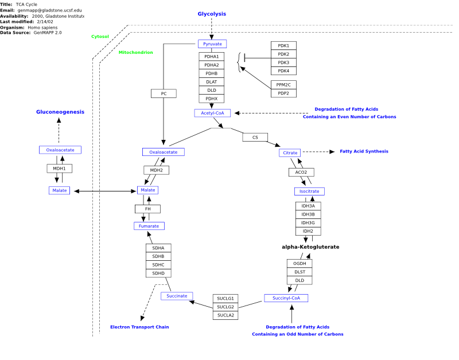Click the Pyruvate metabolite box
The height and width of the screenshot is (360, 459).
(x=212, y=44)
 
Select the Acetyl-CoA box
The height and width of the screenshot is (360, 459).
(x=212, y=113)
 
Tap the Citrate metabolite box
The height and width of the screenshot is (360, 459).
(x=290, y=152)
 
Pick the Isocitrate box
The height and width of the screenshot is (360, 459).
(x=309, y=191)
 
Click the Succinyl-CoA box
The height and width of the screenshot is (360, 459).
(x=286, y=298)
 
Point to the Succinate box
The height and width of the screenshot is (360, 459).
(x=177, y=296)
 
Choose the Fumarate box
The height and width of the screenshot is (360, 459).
(x=149, y=226)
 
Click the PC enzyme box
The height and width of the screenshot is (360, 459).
(x=164, y=93)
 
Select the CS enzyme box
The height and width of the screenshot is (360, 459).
(x=255, y=137)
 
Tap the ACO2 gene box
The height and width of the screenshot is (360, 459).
(x=301, y=172)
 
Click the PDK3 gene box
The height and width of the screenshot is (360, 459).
(x=283, y=62)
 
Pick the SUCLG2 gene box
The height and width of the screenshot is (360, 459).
(x=225, y=307)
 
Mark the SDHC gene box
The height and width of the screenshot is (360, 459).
(x=158, y=265)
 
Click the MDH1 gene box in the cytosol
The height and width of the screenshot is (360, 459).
(x=60, y=169)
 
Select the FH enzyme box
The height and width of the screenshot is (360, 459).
(x=148, y=209)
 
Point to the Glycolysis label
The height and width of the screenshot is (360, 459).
(x=212, y=14)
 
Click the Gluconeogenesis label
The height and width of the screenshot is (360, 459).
(x=60, y=112)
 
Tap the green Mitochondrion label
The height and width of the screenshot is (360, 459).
(x=136, y=52)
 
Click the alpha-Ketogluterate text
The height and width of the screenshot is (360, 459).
(x=310, y=247)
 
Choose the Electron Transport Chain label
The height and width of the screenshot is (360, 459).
(x=139, y=327)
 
